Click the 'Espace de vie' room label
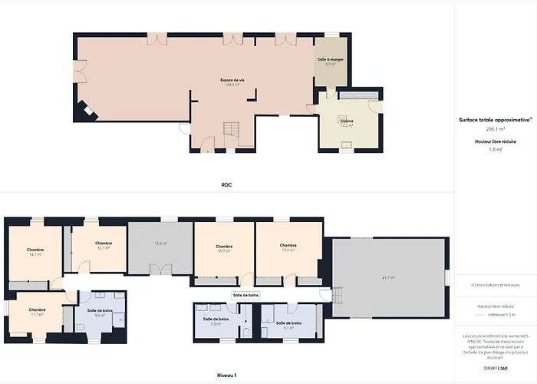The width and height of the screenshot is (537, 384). click(x=232, y=81)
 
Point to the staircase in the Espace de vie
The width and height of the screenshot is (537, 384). click(x=232, y=130)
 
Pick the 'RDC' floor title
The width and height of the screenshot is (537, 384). click(x=226, y=185)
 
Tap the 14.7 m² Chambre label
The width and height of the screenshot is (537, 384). click(x=35, y=251)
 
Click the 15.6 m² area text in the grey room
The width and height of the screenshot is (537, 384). click(x=160, y=243)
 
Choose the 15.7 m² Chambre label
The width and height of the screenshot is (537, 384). click(x=225, y=248)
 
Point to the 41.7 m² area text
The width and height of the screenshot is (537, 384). click(x=389, y=277)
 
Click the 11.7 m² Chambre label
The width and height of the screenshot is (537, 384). click(x=37, y=312)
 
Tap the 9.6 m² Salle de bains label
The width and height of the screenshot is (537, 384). click(x=100, y=313)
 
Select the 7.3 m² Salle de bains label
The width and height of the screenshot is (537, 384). click(x=216, y=321)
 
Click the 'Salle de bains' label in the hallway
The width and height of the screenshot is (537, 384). click(x=245, y=295)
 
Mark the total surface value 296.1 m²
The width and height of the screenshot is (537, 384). click(x=496, y=129)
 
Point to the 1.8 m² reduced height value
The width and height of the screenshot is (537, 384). click(x=496, y=149)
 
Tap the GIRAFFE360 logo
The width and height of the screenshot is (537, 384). click(x=496, y=368)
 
